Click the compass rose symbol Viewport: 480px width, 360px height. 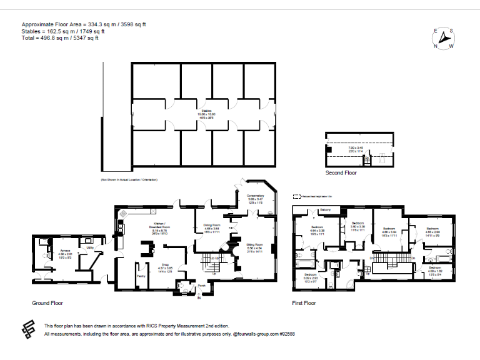tap(444, 39)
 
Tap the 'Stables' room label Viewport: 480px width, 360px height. tap(206, 111)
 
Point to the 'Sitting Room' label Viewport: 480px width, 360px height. tap(254, 244)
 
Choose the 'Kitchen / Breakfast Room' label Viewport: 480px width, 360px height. tap(159, 226)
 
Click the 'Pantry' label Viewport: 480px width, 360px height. tap(141, 276)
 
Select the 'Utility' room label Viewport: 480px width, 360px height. tap(90, 248)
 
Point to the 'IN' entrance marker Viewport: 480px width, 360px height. tap(199, 298)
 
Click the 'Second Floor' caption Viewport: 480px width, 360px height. tap(341, 172)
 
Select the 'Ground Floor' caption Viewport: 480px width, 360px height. tap(47, 303)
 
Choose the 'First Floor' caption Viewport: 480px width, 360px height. tap(304, 303)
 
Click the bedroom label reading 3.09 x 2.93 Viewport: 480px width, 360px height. tap(311, 276)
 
